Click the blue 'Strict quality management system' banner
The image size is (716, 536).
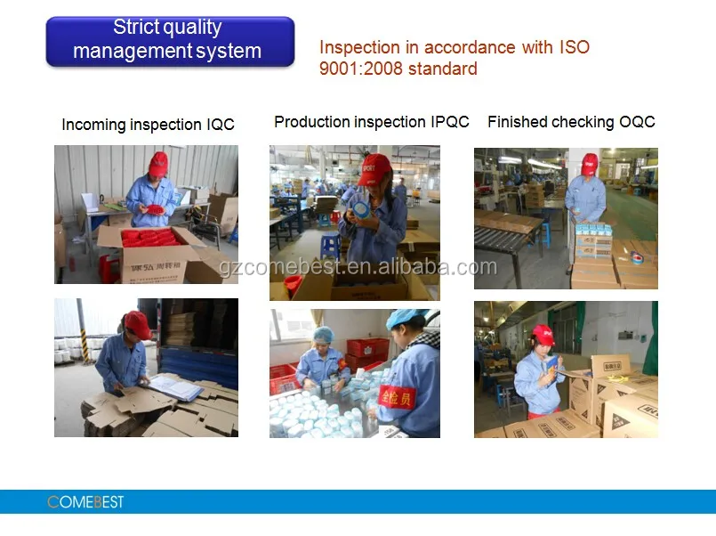pos(169,40)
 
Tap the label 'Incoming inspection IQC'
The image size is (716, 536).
pos(148,125)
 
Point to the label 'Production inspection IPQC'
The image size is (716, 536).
pos(371,122)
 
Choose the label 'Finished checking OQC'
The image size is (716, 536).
pos(571,122)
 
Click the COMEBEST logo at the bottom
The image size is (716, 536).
pos(85,502)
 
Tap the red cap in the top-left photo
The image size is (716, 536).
pos(158,163)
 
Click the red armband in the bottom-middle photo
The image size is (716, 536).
pos(397,396)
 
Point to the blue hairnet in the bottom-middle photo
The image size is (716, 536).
pos(324,335)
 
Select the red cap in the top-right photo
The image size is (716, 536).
pos(590,162)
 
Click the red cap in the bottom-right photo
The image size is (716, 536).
pos(543,335)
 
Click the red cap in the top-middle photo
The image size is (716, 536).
pos(374,166)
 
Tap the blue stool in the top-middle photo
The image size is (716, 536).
pos(330,244)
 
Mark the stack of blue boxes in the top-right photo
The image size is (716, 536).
pos(593,240)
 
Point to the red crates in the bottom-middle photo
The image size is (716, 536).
pos(366,350)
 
